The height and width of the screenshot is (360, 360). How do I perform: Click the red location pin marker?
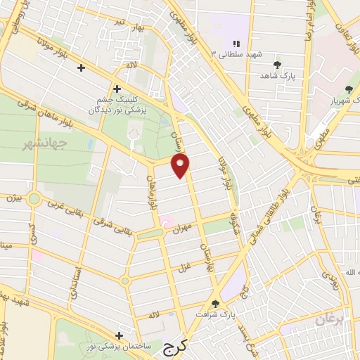point(181,166)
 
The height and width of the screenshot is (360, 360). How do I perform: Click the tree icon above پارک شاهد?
point(279,64)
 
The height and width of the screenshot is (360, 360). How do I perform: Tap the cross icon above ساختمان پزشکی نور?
point(119,336)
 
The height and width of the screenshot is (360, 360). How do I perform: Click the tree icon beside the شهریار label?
point(349,89)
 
